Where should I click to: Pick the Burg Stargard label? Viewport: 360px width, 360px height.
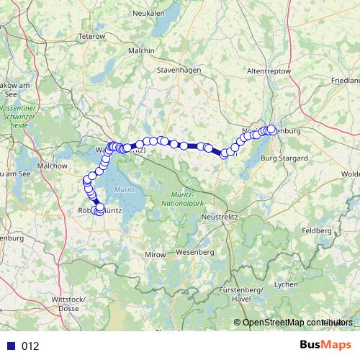(284, 157)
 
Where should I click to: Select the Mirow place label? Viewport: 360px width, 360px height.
(156, 255)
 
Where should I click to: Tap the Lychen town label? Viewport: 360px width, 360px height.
(286, 284)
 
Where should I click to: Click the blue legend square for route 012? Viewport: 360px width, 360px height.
(10, 346)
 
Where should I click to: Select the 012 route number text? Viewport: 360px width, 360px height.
(30, 346)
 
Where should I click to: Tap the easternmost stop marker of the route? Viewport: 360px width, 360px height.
(271, 130)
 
